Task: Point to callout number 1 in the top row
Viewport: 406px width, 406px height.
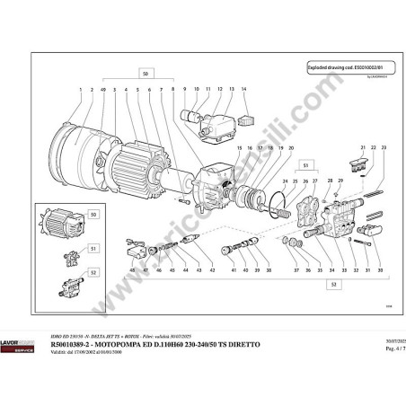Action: click(x=80, y=91)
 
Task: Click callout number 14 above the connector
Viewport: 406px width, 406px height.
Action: click(x=243, y=91)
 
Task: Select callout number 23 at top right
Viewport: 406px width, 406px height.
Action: click(x=383, y=146)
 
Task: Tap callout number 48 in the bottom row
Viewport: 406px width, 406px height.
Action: click(x=130, y=269)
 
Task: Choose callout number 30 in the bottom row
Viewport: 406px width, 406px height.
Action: click(x=380, y=269)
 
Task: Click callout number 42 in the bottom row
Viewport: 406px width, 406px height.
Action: click(x=212, y=269)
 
